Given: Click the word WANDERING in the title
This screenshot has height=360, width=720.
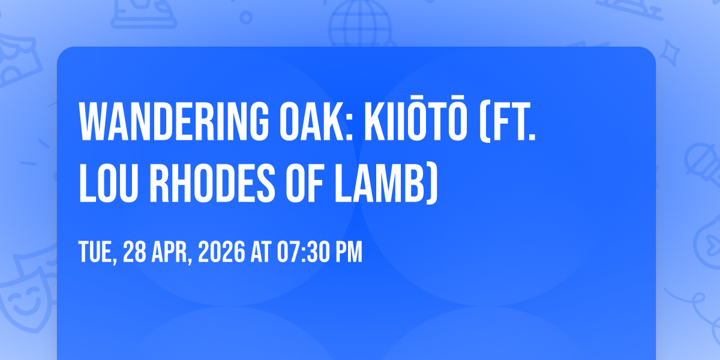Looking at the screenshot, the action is click(173, 121).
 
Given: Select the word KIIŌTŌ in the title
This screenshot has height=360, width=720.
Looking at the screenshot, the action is click(415, 118).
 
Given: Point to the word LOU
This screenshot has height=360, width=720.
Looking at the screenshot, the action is click(109, 183).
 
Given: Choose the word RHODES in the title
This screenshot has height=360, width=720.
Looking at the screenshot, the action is click(212, 183).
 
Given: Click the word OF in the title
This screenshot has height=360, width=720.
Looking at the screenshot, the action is click(304, 183).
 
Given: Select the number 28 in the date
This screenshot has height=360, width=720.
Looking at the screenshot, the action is click(134, 251).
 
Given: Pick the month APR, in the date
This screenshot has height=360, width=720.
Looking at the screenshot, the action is click(172, 253).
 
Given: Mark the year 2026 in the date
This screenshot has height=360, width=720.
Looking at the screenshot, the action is click(221, 251).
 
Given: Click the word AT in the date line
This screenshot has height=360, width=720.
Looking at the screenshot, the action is click(261, 251).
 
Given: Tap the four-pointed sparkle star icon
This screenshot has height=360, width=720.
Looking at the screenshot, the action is click(669, 53).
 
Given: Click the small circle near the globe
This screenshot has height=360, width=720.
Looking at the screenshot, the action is click(246, 17).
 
